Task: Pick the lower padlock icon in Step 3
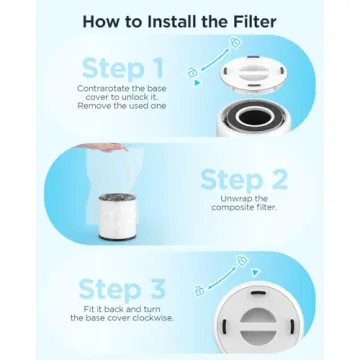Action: [x=200, y=290]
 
